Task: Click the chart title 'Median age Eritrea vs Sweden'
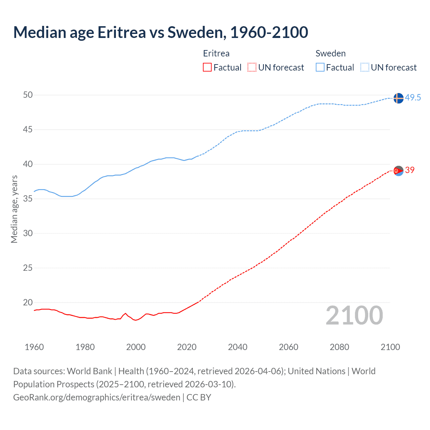coord(161,33)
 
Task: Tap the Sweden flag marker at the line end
coord(398,98)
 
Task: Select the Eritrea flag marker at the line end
coord(398,171)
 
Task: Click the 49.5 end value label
coord(413,98)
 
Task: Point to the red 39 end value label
coord(410,170)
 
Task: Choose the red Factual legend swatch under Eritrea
coord(207,68)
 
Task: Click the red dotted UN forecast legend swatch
coord(252,68)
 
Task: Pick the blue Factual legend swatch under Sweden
coord(320,68)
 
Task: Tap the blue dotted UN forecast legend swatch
coord(365,68)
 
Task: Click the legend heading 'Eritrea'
coord(216,53)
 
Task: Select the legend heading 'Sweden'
coord(331,53)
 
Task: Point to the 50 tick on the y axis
coord(28,95)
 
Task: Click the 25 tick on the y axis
coord(28,268)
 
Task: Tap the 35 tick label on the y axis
coord(28,199)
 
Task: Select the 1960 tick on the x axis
coord(34,347)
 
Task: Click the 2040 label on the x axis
coord(238,347)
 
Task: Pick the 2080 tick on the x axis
coord(339,347)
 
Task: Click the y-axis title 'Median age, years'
coord(14,209)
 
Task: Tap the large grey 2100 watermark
coord(354,315)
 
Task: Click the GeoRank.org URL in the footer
coord(97,397)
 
